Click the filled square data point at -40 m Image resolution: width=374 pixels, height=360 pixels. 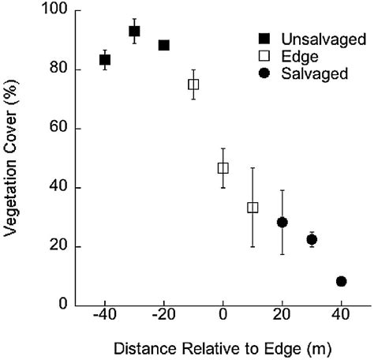click(x=105, y=60)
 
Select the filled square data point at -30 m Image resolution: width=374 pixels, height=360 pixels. click(x=134, y=32)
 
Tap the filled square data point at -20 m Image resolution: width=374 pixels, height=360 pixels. click(x=164, y=45)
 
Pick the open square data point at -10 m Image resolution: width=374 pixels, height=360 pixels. click(x=193, y=84)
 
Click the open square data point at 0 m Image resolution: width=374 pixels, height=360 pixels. click(x=223, y=168)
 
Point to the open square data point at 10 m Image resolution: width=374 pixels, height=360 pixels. click(x=252, y=208)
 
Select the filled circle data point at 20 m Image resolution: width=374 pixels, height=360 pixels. click(x=282, y=223)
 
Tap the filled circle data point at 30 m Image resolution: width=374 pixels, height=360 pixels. click(x=312, y=239)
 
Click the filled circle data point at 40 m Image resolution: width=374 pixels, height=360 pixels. click(x=341, y=281)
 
